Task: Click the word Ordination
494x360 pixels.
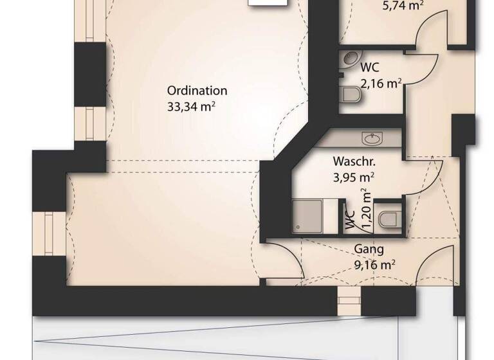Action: pyautogui.click(x=197, y=91)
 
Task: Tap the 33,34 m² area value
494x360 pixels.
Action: pyautogui.click(x=191, y=107)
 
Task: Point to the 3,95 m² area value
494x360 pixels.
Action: pyautogui.click(x=354, y=177)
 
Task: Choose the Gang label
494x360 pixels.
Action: pyautogui.click(x=369, y=249)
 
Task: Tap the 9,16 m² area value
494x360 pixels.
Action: pyautogui.click(x=374, y=264)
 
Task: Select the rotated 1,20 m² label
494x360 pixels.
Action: pyautogui.click(x=366, y=209)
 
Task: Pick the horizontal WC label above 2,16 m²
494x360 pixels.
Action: pyautogui.click(x=369, y=67)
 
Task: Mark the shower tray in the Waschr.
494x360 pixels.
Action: pyautogui.click(x=307, y=215)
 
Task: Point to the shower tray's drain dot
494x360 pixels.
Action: pyautogui.click(x=297, y=226)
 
